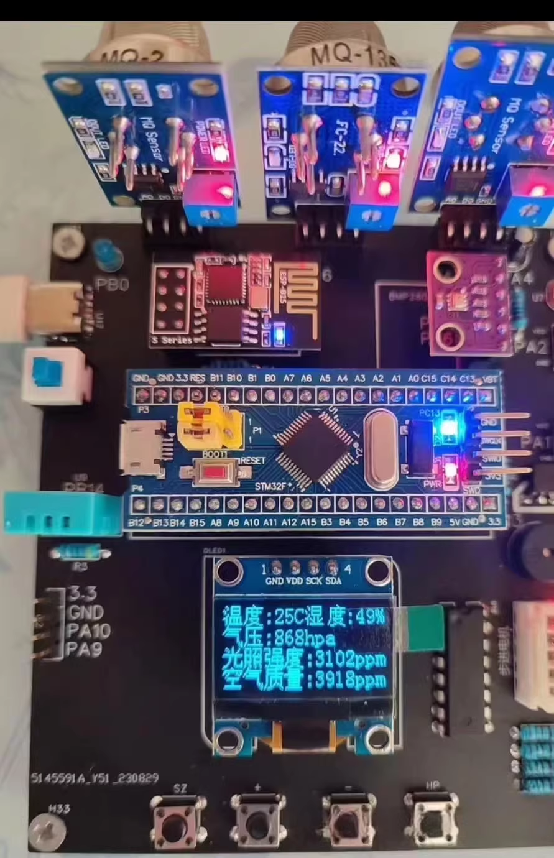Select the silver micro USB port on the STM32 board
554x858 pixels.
click(142, 447)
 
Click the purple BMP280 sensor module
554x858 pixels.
click(469, 303)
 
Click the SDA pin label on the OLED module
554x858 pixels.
click(333, 581)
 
